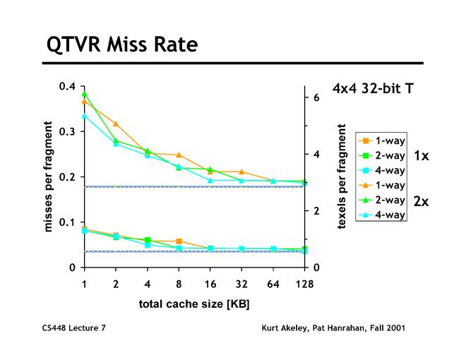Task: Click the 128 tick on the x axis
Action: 304,284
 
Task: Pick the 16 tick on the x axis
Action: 210,284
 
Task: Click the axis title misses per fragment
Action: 49,177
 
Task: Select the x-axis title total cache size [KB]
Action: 193,304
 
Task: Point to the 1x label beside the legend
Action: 421,155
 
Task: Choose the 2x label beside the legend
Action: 421,200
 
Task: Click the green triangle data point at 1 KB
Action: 84,94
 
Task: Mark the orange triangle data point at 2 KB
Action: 116,124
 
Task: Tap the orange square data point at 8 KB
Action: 179,241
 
